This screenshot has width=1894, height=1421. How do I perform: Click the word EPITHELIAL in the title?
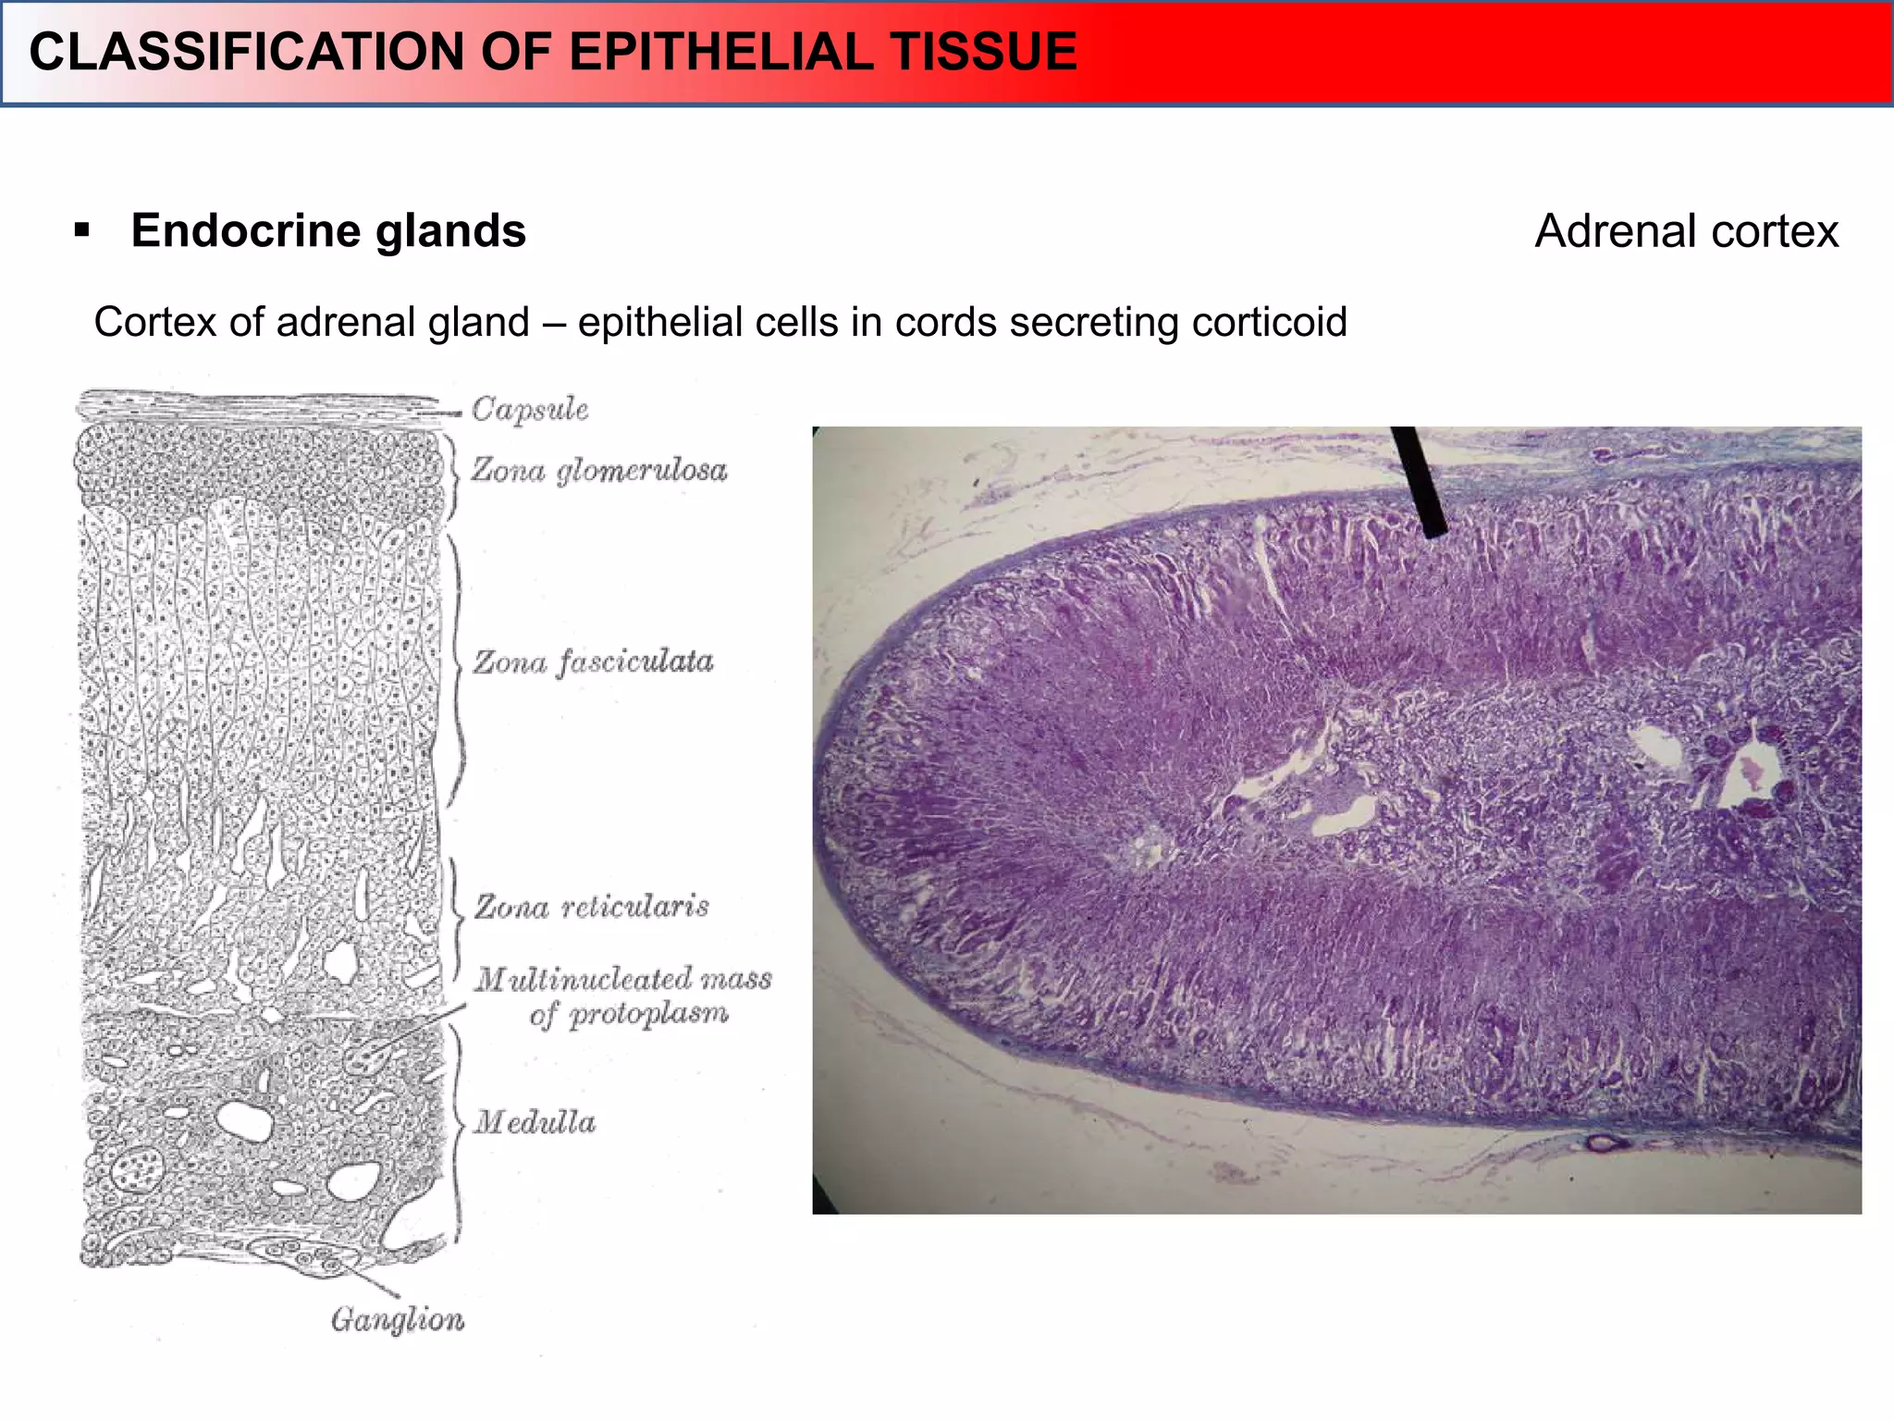(x=719, y=52)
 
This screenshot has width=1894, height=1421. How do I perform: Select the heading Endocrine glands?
(x=328, y=230)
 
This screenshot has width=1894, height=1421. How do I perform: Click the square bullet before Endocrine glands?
(x=82, y=229)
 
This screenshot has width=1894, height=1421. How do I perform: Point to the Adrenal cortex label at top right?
(x=1686, y=231)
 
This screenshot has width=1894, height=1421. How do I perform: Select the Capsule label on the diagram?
(x=530, y=409)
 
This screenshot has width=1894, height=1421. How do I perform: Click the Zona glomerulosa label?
(x=599, y=470)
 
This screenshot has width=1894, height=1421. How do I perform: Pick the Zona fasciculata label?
(x=593, y=661)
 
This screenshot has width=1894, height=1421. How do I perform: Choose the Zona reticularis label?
(x=592, y=906)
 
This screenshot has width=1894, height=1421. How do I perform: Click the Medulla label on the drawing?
(x=535, y=1122)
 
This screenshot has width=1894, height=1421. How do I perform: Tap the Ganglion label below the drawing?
(x=398, y=1319)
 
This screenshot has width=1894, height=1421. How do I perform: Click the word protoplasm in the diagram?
(x=648, y=1014)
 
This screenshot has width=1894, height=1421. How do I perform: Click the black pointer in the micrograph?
(x=1420, y=481)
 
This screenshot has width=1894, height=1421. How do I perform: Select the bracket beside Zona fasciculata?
(x=458, y=666)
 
